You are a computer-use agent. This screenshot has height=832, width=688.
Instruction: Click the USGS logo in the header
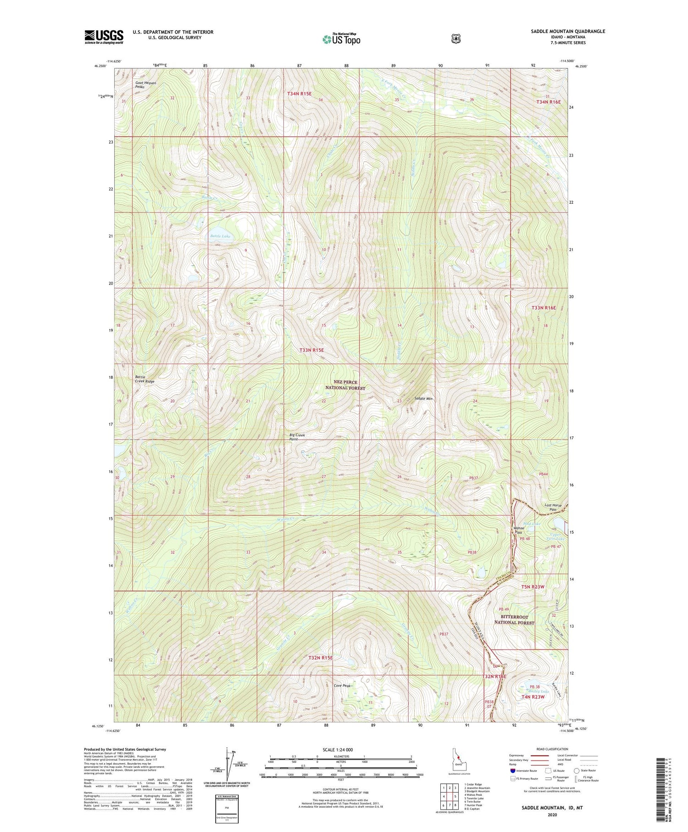click(x=104, y=37)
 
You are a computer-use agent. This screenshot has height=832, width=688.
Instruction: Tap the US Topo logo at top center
click(x=341, y=39)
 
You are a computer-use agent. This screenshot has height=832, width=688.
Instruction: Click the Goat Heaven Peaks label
click(x=145, y=85)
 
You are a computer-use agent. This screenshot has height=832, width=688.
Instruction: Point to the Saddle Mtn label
click(x=423, y=398)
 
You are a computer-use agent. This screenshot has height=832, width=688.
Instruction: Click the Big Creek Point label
click(x=297, y=437)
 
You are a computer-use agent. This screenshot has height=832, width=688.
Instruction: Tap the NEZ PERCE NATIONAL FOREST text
click(x=345, y=385)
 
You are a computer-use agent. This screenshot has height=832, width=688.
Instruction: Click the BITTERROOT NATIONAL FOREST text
click(x=514, y=620)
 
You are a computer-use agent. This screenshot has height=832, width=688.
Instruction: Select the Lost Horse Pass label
click(x=553, y=508)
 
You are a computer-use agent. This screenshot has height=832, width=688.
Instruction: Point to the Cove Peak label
click(x=342, y=686)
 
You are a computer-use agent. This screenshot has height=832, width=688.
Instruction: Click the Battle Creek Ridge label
click(x=144, y=379)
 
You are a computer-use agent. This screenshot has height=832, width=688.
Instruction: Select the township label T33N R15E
click(x=312, y=350)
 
